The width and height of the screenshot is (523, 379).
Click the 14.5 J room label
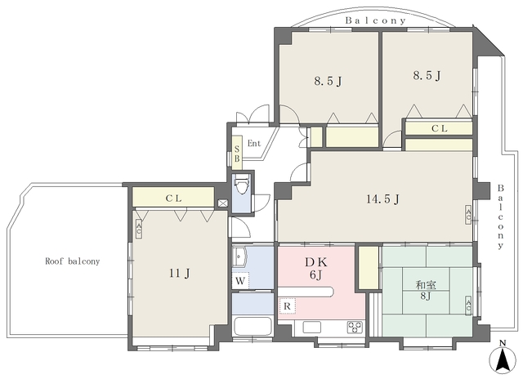tap(382, 199)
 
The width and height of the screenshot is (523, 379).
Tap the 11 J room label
tap(180, 274)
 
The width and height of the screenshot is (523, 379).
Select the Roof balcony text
tap(73, 261)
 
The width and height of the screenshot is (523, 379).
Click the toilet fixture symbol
tap(241, 184)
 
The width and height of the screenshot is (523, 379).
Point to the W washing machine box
tap(240, 281)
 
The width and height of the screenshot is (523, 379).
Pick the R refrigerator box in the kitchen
tap(287, 306)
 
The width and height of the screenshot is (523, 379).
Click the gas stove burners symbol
tap(355, 327)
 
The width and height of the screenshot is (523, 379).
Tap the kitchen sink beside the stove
tap(312, 327)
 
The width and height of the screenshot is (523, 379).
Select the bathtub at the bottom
tap(253, 327)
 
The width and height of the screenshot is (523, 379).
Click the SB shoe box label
tap(237, 154)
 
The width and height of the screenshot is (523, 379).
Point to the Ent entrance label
tap(254, 143)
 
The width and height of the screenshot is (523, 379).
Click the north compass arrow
tap(503, 359)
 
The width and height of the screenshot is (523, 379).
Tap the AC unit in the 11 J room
tap(139, 230)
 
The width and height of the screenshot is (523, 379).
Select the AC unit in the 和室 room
tap(468, 305)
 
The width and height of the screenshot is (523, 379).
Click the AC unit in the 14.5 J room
tap(468, 215)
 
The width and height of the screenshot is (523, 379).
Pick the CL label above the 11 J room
tap(173, 198)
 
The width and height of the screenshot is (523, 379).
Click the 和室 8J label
tap(426, 290)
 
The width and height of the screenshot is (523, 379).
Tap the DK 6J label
tap(316, 269)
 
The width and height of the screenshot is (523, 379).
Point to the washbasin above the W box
tap(239, 256)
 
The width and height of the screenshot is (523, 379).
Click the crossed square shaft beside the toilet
tap(222, 203)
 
